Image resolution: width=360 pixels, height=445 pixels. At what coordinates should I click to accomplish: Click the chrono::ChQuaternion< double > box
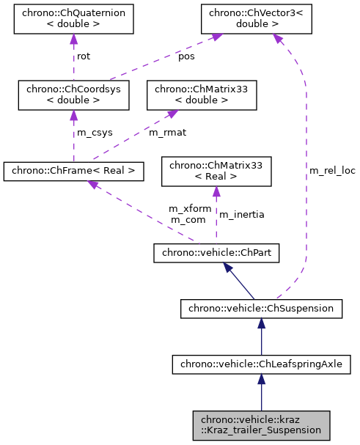tap(73, 21)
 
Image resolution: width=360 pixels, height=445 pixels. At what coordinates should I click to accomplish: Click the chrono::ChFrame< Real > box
tap(73, 172)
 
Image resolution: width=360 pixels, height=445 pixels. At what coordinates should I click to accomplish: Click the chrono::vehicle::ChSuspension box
tap(261, 309)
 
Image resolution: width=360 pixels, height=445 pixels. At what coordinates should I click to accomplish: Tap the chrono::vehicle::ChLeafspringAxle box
tap(261, 363)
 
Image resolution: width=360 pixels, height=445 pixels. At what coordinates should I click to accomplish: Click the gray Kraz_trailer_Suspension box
tap(261, 424)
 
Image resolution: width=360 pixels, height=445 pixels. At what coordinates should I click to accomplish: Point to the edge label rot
tap(84, 56)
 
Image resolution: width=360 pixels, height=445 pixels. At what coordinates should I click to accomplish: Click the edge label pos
tap(187, 56)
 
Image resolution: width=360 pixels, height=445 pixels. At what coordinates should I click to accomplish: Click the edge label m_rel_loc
tap(332, 170)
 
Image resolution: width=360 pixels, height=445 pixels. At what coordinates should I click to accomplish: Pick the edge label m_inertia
tap(241, 214)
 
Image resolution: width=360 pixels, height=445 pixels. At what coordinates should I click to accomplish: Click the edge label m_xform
tap(190, 208)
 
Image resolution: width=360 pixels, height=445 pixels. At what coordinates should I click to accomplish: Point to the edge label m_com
tap(187, 219)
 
